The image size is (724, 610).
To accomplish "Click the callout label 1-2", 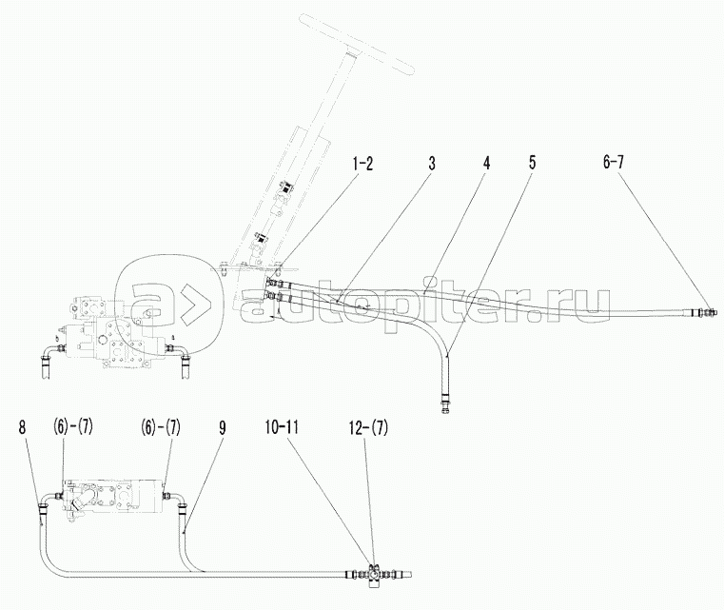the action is pos(362,164).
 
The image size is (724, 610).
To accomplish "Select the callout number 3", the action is pos(432,163).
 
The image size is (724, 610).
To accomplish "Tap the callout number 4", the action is pos(486,163).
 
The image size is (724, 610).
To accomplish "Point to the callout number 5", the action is pos(532,163).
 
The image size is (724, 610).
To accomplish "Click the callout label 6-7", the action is pos(614,163).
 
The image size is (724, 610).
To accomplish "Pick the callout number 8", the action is pos(22,427).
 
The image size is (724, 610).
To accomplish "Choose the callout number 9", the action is pos(222,428).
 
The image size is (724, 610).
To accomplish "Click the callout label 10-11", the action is pos(282,427).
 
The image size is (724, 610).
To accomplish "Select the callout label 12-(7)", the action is pos(368,428).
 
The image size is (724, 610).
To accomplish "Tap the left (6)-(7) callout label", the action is pos(73,427).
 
